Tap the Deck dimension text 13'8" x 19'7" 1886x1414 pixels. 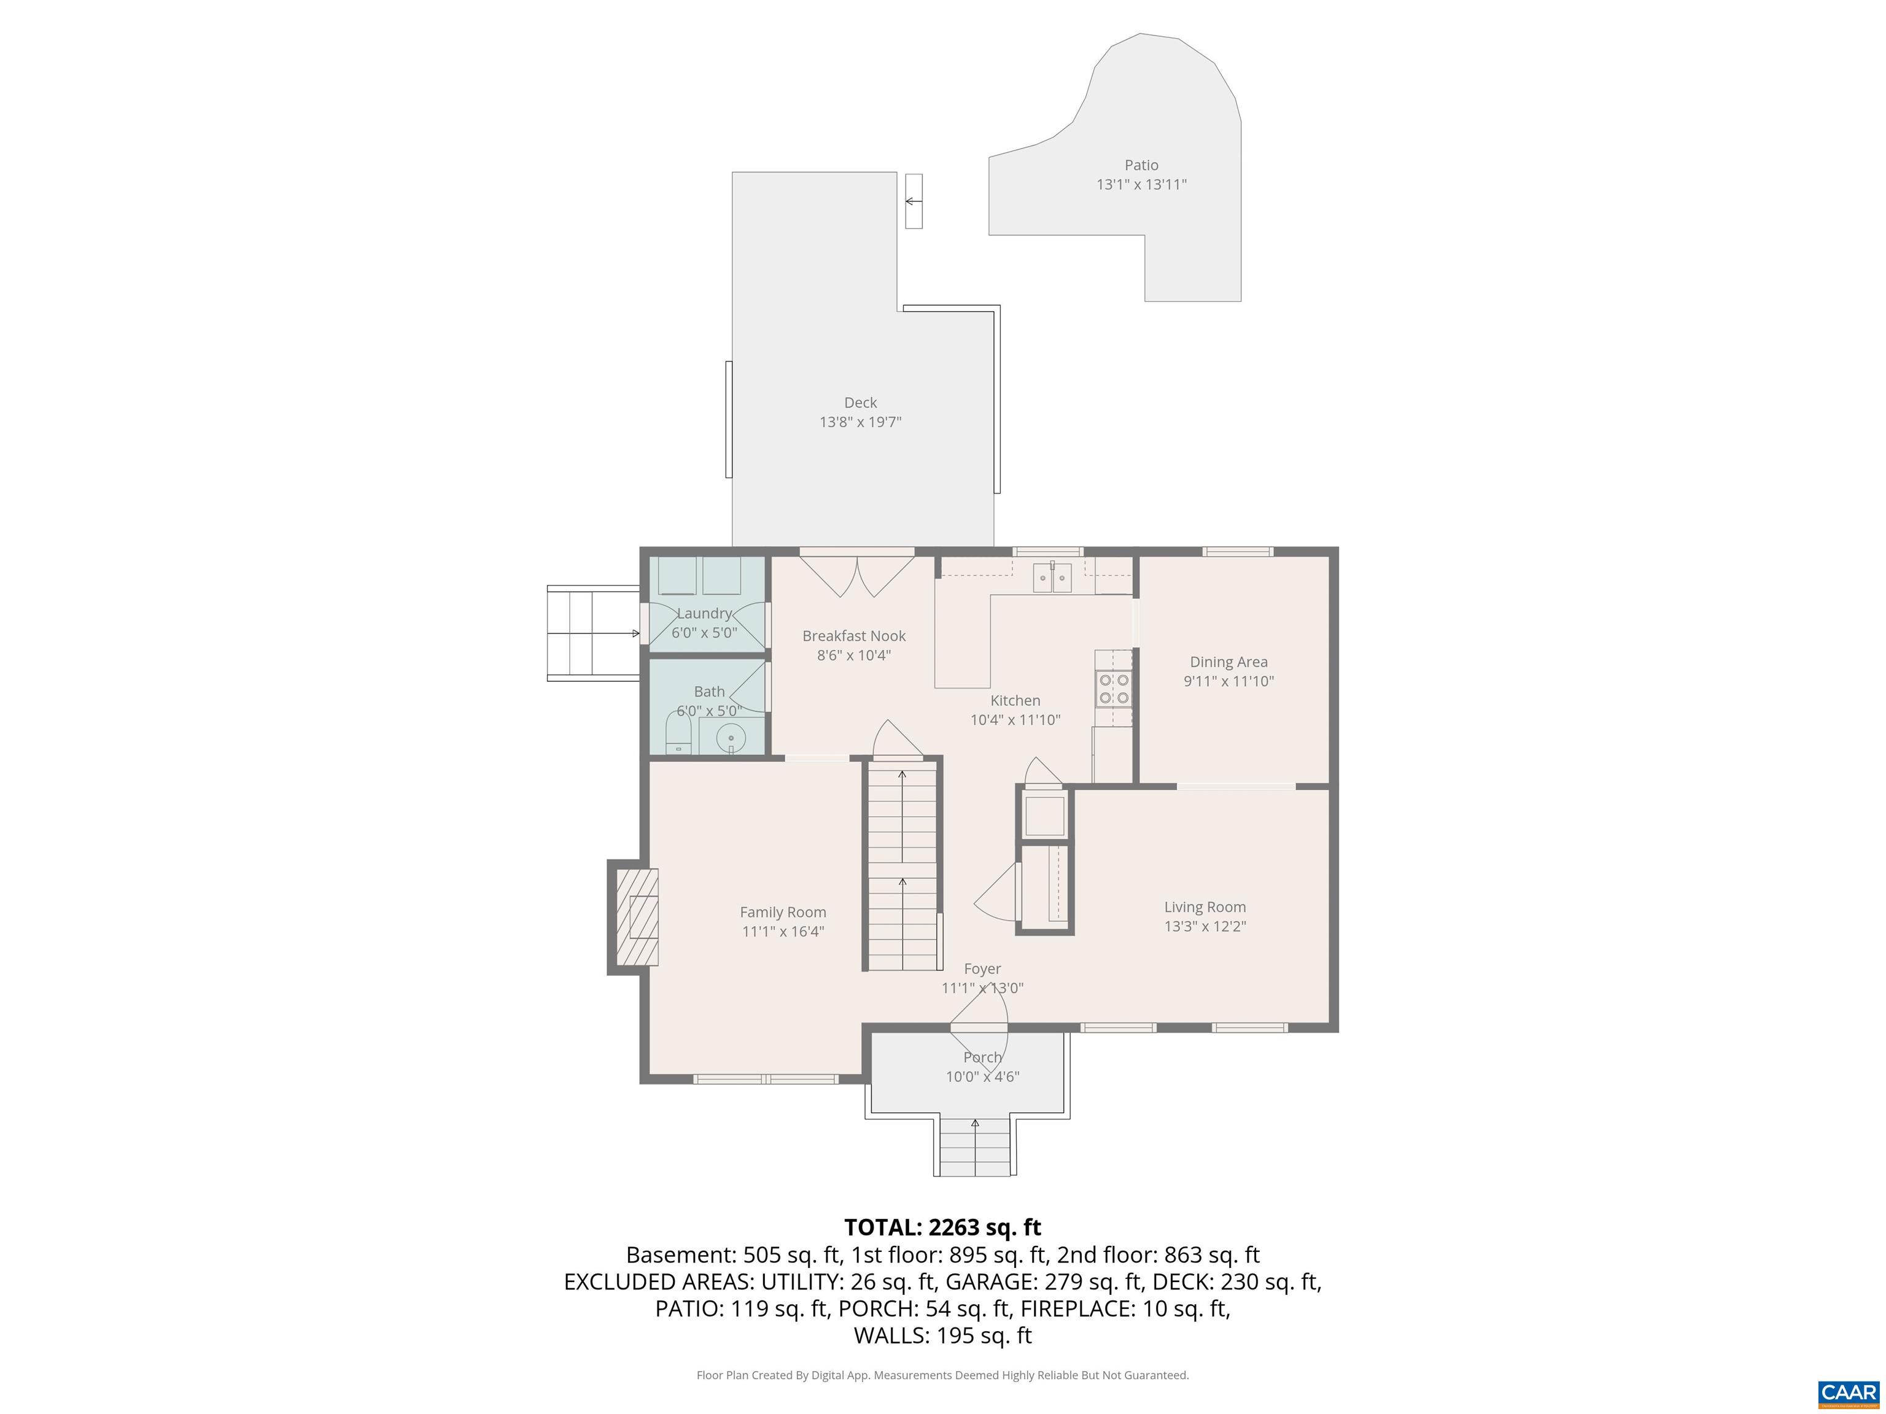click(x=860, y=422)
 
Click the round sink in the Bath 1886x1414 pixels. click(x=731, y=737)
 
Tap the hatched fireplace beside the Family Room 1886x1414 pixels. click(x=637, y=917)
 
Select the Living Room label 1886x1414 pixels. click(x=1205, y=907)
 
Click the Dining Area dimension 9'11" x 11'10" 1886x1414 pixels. click(x=1228, y=681)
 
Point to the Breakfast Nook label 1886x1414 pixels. click(x=853, y=636)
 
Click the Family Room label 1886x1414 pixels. click(x=783, y=912)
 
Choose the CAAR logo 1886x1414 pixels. click(x=1848, y=1393)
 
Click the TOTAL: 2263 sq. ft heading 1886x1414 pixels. click(x=942, y=1227)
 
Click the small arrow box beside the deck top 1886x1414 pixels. click(x=913, y=201)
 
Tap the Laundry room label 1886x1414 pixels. click(x=704, y=614)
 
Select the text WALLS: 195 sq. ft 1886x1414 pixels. click(x=942, y=1335)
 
